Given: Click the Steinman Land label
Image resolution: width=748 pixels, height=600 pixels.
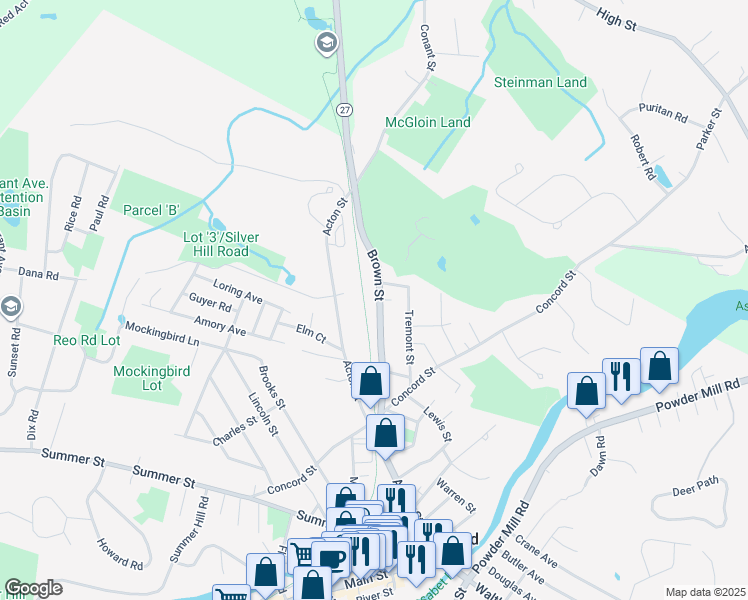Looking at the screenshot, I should tap(540, 82).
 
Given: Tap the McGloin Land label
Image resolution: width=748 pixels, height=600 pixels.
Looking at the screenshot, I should tap(427, 122).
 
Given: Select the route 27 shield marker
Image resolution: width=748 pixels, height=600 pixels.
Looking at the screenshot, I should tap(344, 111).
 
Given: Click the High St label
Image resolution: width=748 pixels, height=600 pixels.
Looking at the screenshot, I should tap(616, 19).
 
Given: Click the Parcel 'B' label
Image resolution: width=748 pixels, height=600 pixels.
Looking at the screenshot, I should tap(150, 210).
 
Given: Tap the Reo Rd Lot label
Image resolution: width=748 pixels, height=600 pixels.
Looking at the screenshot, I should tap(87, 340).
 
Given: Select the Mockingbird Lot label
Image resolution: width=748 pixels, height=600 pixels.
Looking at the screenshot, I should tap(138, 377).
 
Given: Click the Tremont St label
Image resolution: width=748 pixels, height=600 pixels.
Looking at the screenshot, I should tap(408, 336).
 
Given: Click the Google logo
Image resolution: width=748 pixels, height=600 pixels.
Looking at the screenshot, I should tap(33, 588).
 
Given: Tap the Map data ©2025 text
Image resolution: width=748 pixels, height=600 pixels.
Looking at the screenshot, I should tap(705, 592).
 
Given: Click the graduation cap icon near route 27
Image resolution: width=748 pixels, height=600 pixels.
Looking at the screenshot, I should tap(326, 43).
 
